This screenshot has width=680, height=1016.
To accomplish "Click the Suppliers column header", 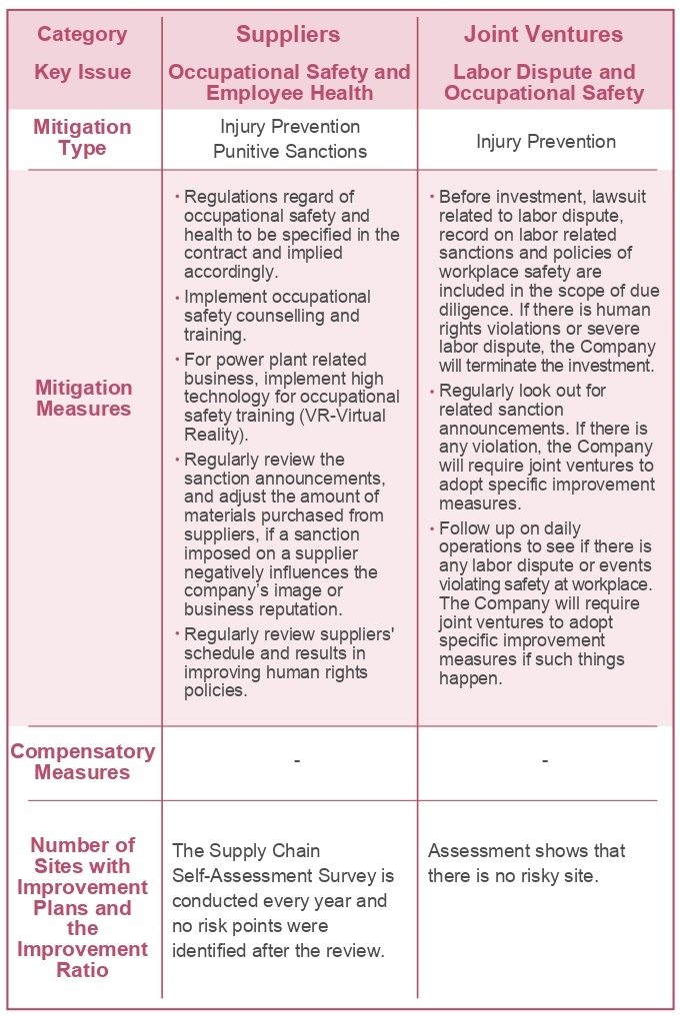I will pyautogui.click(x=288, y=35).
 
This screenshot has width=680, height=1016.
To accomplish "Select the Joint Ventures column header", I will pyautogui.click(x=543, y=35).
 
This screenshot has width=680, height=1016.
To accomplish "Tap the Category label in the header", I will pyautogui.click(x=82, y=35).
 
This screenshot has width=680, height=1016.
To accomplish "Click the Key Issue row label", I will pyautogui.click(x=82, y=72).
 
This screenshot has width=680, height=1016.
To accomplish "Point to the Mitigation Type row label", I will pyautogui.click(x=82, y=138).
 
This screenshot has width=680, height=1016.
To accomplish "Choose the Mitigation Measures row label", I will pyautogui.click(x=83, y=398).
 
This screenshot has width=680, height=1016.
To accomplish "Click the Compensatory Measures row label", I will pyautogui.click(x=83, y=761).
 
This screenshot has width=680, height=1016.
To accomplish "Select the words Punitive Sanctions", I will pyautogui.click(x=290, y=152).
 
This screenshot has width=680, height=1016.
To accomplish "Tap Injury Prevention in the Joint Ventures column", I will pyautogui.click(x=545, y=141).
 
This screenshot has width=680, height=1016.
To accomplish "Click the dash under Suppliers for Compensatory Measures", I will pyautogui.click(x=297, y=761).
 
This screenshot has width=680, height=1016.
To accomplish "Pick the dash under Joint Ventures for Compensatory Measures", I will pyautogui.click(x=545, y=761).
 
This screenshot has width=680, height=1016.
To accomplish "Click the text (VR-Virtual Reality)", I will pyautogui.click(x=290, y=425).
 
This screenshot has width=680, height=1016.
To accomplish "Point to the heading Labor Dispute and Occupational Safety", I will pyautogui.click(x=544, y=83).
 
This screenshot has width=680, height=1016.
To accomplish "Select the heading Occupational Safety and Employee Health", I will pyautogui.click(x=289, y=83).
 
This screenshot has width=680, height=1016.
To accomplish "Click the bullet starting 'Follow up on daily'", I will pyautogui.click(x=545, y=603).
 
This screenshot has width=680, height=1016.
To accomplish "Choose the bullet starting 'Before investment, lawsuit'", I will pyautogui.click(x=545, y=281).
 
